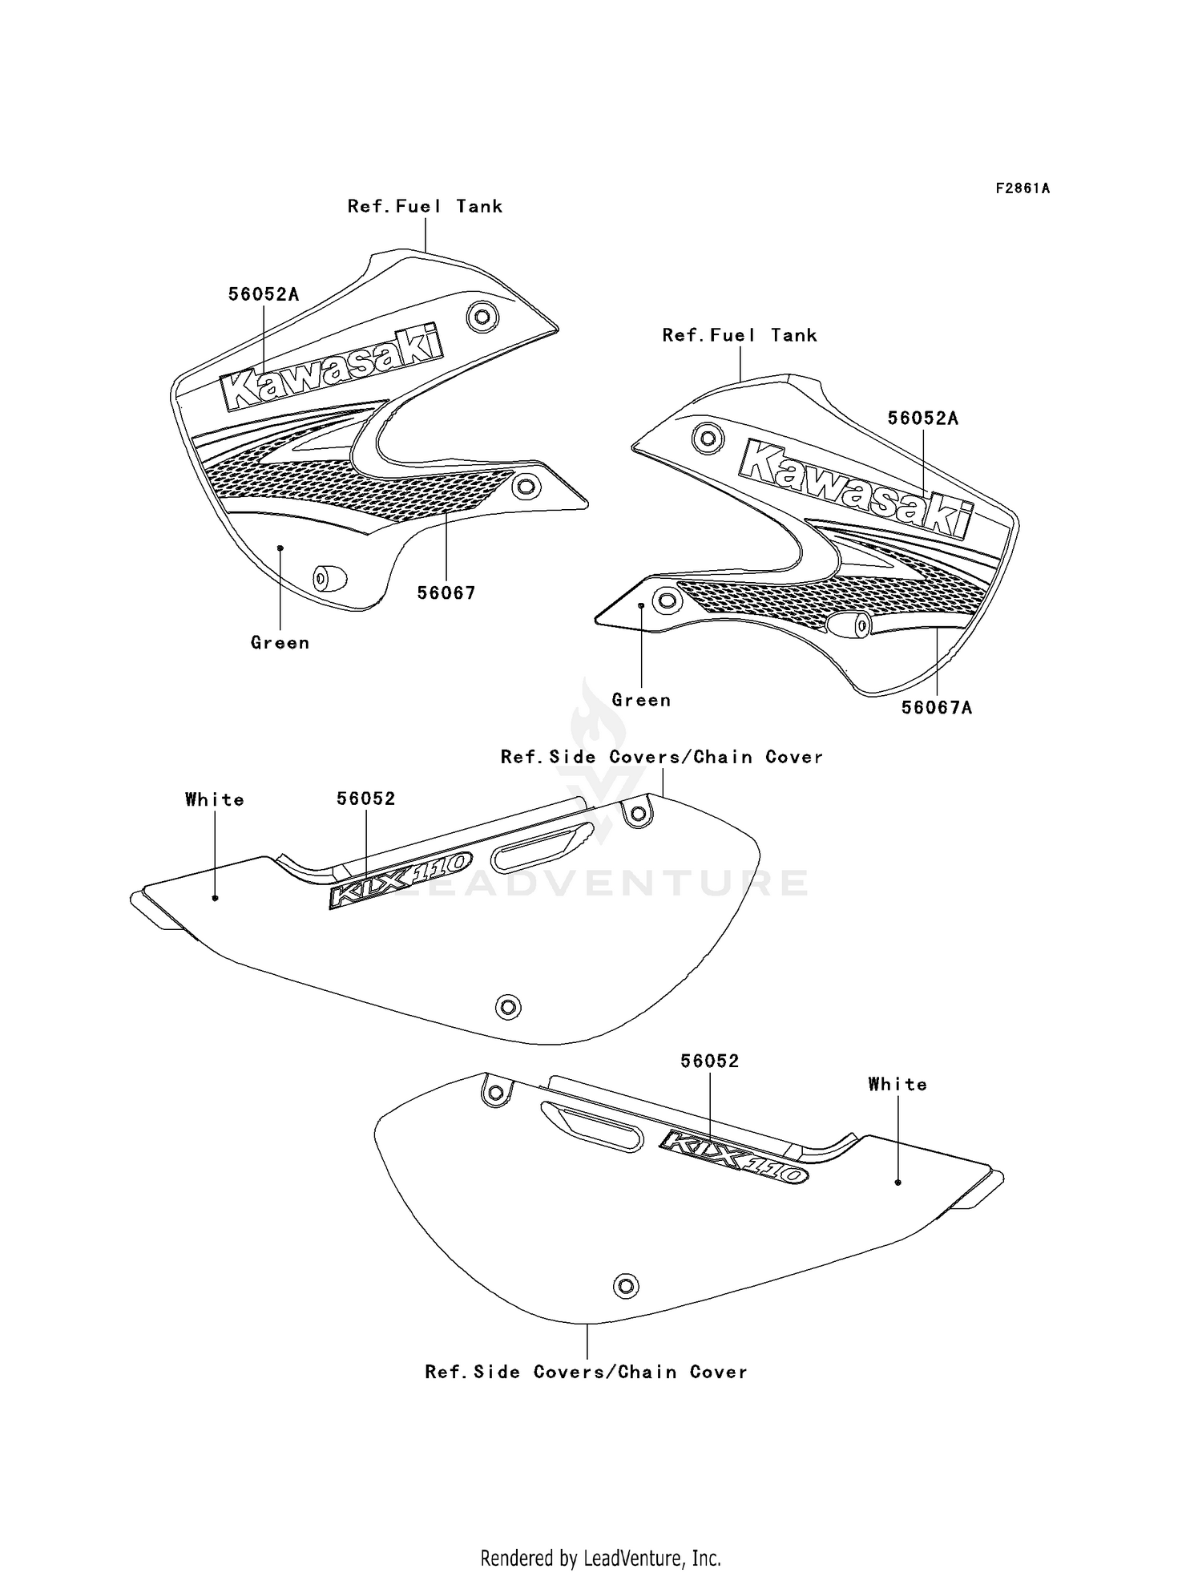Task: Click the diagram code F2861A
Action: click(1023, 188)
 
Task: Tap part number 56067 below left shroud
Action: click(446, 593)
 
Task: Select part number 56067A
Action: click(937, 707)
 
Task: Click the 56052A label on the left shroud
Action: click(264, 294)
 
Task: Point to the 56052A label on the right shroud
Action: click(923, 418)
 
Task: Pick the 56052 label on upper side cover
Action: click(366, 799)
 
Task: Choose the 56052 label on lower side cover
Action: click(710, 1061)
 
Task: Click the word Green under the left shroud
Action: click(280, 642)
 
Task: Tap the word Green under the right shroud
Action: click(641, 700)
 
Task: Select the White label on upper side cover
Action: click(215, 799)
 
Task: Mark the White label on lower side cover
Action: click(897, 1084)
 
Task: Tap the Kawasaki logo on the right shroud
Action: click(856, 487)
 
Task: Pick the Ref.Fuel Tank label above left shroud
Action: click(425, 206)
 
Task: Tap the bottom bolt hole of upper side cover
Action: click(508, 1006)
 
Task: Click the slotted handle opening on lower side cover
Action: click(591, 1126)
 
